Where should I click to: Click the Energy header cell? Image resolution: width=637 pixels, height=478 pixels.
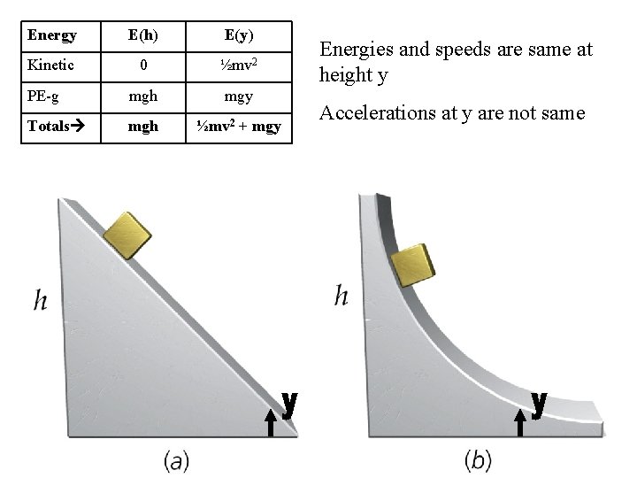[52, 36]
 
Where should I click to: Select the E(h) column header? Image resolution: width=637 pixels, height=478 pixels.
[144, 36]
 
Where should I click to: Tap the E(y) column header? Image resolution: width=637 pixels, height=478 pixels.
[239, 36]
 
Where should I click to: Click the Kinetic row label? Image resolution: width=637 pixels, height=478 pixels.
[50, 66]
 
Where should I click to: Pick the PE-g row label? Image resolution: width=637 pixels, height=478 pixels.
[44, 96]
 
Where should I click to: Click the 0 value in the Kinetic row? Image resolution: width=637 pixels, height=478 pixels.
[144, 66]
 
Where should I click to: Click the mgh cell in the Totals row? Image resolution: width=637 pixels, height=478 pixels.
[143, 127]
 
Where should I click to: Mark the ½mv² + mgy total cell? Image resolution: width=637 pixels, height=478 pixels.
[239, 127]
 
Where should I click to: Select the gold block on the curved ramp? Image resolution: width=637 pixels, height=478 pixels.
[413, 265]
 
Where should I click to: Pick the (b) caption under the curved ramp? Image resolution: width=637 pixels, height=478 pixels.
[478, 460]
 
